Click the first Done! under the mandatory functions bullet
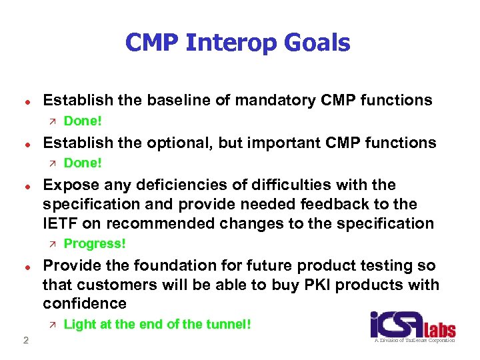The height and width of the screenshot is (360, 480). [x=82, y=121]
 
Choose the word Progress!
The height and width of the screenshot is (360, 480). [x=95, y=243]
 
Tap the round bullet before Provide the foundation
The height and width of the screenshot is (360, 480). [x=23, y=265]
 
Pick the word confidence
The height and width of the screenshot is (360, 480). [x=85, y=303]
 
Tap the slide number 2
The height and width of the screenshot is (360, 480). [x=25, y=341]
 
